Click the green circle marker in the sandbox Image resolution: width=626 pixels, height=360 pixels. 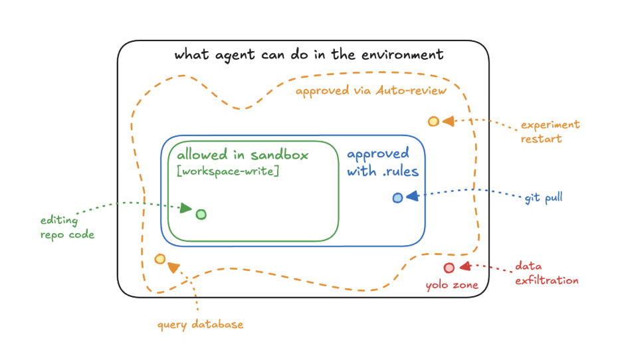click(201, 215)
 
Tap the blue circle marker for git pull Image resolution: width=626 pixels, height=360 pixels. click(397, 197)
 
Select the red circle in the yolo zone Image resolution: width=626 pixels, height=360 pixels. click(449, 268)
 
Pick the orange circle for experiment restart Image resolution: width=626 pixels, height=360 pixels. click(433, 122)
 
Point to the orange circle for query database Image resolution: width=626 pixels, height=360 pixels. click(160, 259)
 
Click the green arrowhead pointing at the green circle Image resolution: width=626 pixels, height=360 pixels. click(185, 208)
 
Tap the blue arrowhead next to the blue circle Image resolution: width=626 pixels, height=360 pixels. click(413, 196)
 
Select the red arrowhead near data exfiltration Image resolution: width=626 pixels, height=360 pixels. click(465, 266)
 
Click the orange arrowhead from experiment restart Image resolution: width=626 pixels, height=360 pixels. click(449, 121)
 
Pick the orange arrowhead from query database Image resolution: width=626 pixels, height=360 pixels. click(173, 268)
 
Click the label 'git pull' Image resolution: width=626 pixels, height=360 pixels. click(544, 197)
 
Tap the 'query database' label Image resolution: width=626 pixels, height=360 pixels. click(201, 325)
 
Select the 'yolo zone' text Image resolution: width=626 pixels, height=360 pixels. click(452, 285)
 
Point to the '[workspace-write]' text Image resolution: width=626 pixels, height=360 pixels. click(228, 171)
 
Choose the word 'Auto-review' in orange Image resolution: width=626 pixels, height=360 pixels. click(411, 90)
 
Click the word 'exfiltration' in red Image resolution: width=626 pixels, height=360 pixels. click(546, 280)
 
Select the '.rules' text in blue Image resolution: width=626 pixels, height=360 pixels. click(401, 171)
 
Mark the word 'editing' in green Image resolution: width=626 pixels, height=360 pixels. click(59, 221)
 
